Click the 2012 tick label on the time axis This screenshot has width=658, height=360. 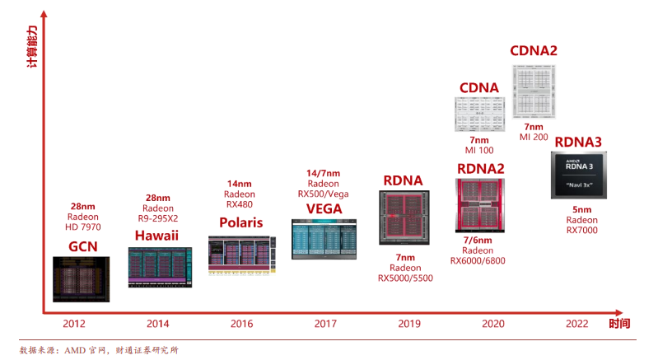pyautogui.click(x=74, y=324)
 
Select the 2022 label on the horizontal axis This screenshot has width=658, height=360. pyautogui.click(x=576, y=324)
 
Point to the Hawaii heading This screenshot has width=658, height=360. pyautogui.click(x=157, y=236)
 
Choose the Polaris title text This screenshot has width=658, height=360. pyautogui.click(x=240, y=222)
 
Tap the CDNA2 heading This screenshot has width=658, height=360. pyautogui.click(x=534, y=51)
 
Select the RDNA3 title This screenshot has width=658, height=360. pyautogui.click(x=577, y=142)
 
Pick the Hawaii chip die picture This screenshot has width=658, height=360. pyautogui.click(x=160, y=267)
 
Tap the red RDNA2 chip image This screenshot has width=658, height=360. pyautogui.click(x=479, y=204)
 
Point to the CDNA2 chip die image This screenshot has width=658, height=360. pyautogui.click(x=535, y=91)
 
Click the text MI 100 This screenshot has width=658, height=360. pyautogui.click(x=479, y=151)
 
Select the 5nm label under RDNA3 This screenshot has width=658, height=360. pyautogui.click(x=581, y=209)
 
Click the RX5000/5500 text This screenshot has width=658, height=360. pyautogui.click(x=405, y=278)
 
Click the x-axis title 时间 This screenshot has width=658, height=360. pyautogui.click(x=619, y=324)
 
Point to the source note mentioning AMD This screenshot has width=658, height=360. pyautogui.click(x=99, y=349)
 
